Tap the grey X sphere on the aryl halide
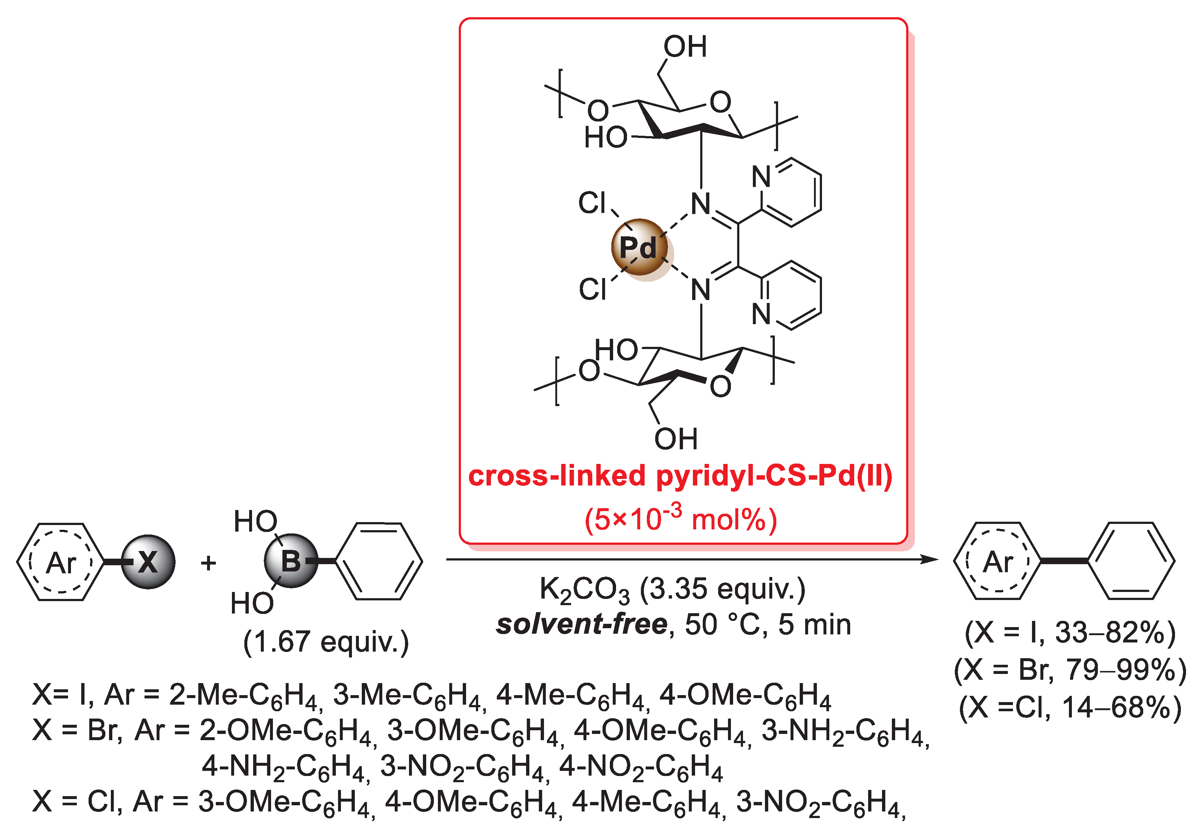(148, 562)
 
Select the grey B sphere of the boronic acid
(291, 561)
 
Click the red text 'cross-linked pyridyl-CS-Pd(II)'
(680, 476)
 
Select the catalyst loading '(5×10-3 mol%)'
(680, 519)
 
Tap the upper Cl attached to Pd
(592, 203)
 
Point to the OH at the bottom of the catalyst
(676, 439)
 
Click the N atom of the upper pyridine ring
(762, 177)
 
